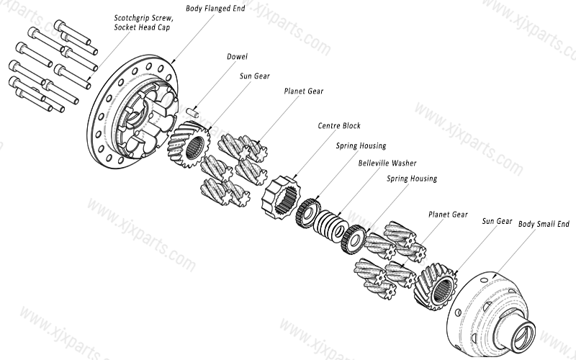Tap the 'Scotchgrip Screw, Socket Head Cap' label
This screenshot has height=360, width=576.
[x=143, y=22]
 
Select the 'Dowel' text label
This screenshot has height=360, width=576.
[x=237, y=55]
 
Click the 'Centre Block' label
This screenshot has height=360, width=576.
[x=339, y=125]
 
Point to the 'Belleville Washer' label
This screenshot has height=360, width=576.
[x=387, y=163]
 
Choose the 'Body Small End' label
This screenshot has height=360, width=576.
[x=544, y=224]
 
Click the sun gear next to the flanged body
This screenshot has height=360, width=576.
[x=189, y=145]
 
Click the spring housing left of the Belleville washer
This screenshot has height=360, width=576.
[x=307, y=211]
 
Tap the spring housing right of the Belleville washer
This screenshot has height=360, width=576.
[x=354, y=238]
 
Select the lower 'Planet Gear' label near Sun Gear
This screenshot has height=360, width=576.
[x=448, y=215]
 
